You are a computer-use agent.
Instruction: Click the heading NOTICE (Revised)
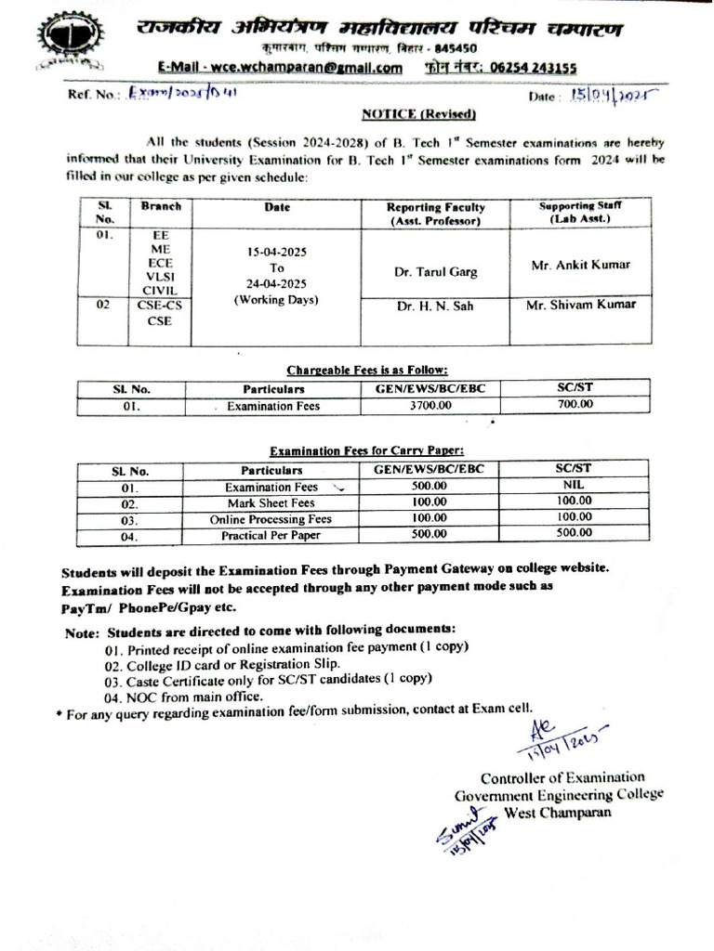(418, 114)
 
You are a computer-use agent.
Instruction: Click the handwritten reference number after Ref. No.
(171, 94)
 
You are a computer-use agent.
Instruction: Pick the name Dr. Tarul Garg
(435, 272)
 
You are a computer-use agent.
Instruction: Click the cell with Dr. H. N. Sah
(435, 306)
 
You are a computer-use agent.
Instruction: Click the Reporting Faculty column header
(435, 214)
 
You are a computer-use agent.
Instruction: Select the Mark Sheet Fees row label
(271, 502)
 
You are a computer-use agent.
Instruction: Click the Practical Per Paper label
(271, 536)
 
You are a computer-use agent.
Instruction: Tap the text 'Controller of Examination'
(562, 777)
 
